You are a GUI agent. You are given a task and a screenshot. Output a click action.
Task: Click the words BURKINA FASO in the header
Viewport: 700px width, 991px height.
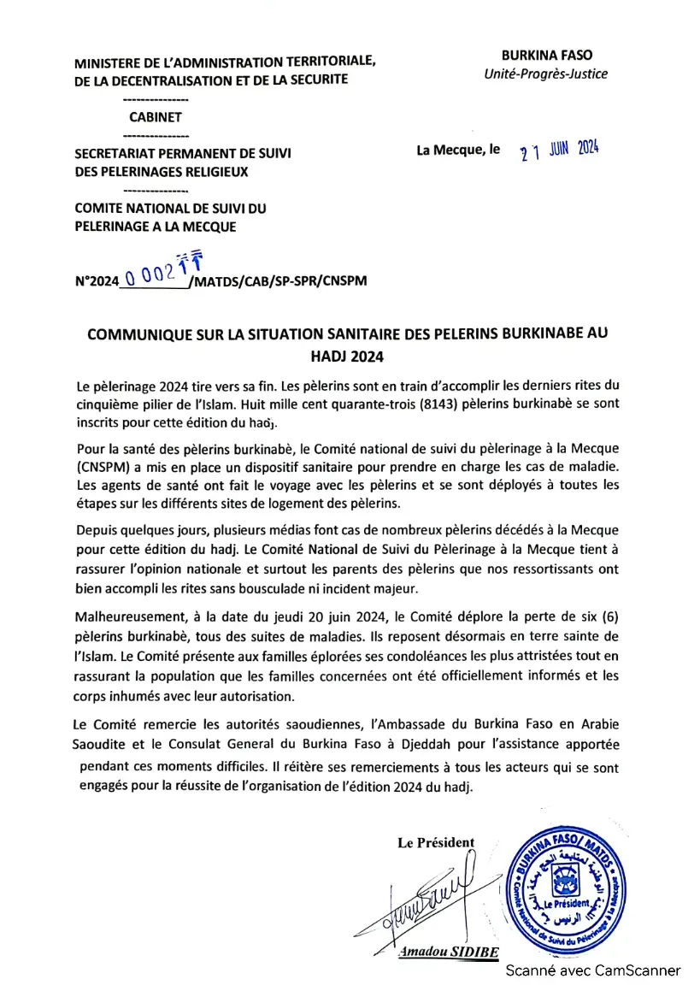point(546,55)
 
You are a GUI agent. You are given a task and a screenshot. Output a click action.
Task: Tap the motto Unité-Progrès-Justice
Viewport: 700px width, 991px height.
point(546,74)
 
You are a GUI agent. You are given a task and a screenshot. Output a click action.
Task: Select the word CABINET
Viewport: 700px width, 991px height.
point(156,117)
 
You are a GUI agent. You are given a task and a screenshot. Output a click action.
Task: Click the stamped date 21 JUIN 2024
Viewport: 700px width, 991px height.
point(559,150)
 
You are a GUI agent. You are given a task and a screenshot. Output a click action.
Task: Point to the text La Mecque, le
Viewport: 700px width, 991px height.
point(458,150)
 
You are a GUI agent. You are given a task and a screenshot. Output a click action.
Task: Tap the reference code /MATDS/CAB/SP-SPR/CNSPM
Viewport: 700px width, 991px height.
point(279,280)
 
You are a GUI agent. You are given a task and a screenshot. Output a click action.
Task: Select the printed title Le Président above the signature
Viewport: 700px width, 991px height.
point(435,842)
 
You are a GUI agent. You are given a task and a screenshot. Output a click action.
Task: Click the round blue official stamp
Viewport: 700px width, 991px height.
point(567,890)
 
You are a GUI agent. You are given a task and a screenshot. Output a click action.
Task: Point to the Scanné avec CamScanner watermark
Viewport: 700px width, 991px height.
point(592,970)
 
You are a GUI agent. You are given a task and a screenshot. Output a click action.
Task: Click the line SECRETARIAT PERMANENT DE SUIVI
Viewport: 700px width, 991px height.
point(183,154)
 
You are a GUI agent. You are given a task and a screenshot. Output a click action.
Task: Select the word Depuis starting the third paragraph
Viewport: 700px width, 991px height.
point(97,529)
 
